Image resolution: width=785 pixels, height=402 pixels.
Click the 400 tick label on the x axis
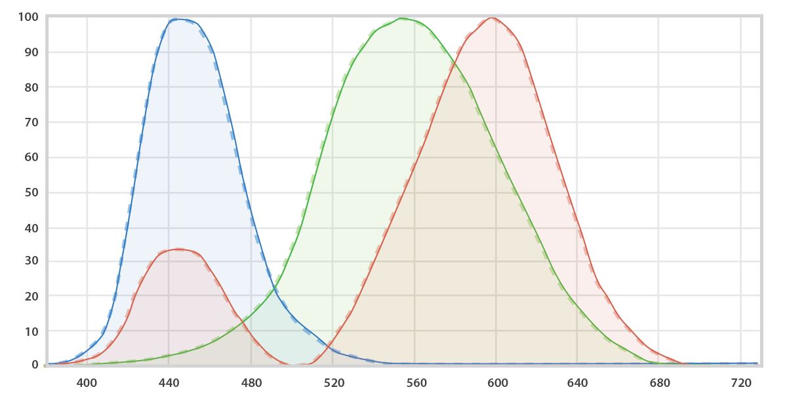click(x=87, y=382)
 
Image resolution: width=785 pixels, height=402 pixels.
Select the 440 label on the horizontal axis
click(x=169, y=382)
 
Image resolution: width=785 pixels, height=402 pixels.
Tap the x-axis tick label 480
click(x=251, y=382)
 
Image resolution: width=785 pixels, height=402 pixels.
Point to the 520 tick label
click(x=332, y=382)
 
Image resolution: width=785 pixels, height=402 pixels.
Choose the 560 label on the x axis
click(x=414, y=382)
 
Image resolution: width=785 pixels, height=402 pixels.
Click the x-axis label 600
click(x=496, y=382)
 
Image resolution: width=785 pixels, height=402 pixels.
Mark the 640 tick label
click(x=577, y=382)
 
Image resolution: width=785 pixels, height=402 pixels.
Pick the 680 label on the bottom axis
click(x=659, y=382)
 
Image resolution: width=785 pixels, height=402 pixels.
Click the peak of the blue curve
click(x=180, y=19)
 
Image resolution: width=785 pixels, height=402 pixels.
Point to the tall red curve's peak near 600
click(x=492, y=18)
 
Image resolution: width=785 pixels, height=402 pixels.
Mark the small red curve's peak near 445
click(x=179, y=249)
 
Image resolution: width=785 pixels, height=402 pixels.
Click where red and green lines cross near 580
click(x=456, y=62)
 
